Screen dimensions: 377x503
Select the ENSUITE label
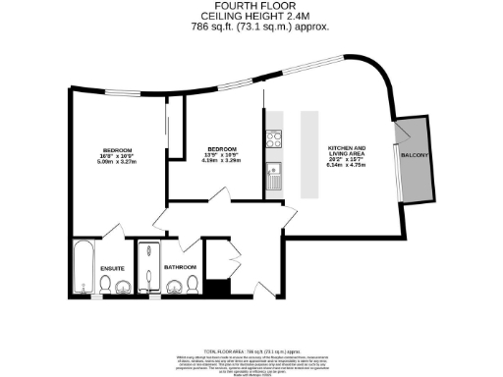pos(114,267)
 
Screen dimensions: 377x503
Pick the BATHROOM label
pos(181,267)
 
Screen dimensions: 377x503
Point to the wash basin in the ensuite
pos(125,288)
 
